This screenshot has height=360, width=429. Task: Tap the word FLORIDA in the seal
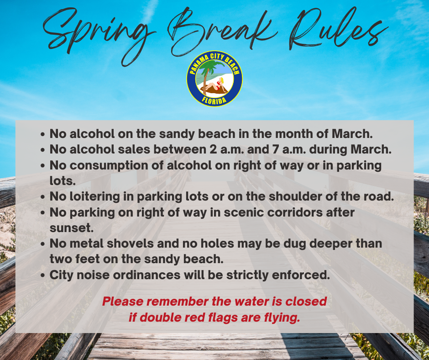click(214, 100)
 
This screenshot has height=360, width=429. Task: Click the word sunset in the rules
click(71, 228)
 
